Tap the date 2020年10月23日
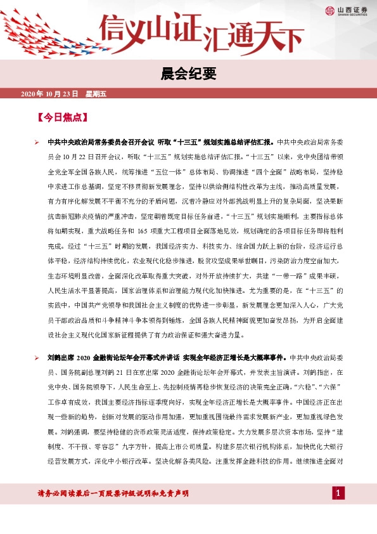click(x=49, y=94)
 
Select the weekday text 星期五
click(x=96, y=94)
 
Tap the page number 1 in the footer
click(x=338, y=493)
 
